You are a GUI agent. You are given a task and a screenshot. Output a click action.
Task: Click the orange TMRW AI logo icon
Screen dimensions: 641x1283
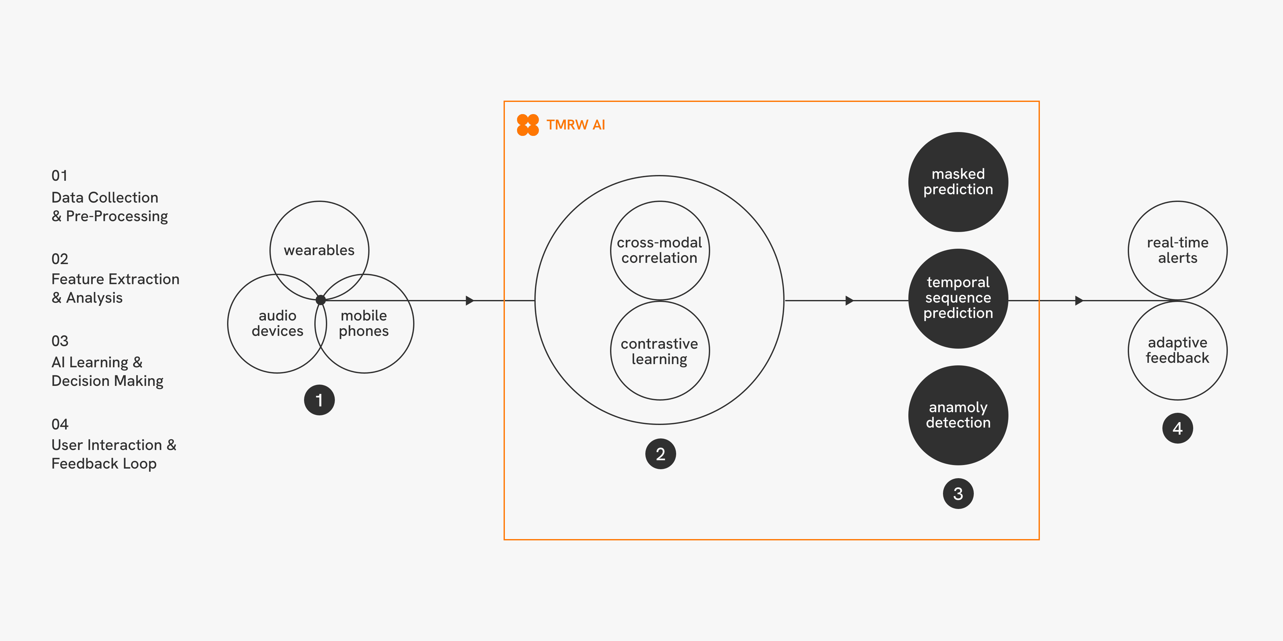(527, 125)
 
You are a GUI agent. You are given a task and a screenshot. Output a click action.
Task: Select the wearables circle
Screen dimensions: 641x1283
(319, 244)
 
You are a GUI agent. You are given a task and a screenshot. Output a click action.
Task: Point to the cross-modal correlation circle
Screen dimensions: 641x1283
(659, 250)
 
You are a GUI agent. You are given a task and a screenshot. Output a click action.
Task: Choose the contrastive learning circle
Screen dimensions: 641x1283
(659, 351)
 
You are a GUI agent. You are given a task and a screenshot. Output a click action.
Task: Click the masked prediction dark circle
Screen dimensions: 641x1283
(958, 182)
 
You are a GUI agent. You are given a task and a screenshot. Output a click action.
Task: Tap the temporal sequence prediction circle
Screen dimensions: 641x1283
(958, 298)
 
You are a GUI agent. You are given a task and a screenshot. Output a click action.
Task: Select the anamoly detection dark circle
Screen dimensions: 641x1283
(958, 415)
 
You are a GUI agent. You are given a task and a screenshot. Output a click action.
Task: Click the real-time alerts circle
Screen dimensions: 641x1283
(1177, 250)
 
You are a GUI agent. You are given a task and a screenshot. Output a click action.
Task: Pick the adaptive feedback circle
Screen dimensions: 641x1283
(1177, 350)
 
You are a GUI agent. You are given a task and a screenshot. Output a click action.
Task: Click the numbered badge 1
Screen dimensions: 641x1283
(319, 400)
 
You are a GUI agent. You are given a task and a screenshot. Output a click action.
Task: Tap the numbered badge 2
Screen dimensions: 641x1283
(660, 454)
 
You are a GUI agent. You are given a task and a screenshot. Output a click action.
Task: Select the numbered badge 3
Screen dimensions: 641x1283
(958, 493)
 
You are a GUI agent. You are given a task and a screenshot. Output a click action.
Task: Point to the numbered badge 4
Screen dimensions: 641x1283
(1177, 428)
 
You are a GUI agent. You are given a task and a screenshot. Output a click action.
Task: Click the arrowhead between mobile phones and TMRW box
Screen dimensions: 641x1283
(469, 301)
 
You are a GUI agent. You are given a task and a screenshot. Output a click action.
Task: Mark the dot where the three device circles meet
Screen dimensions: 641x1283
(321, 300)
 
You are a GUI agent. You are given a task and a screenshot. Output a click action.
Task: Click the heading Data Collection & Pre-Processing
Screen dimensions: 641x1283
(110, 206)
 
